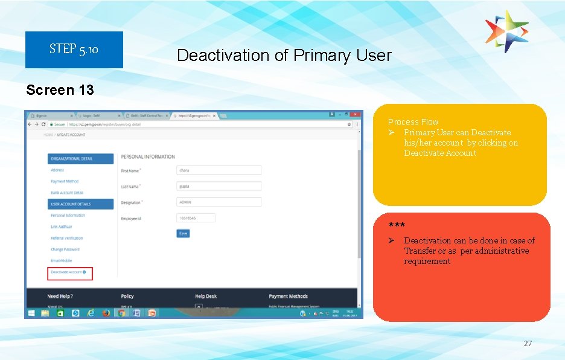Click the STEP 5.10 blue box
[x=74, y=50]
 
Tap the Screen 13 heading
[x=60, y=90]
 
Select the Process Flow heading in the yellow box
[x=413, y=122]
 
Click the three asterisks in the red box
[x=397, y=226]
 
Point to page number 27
[x=528, y=343]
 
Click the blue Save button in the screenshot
[x=183, y=233]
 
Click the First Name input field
[x=219, y=171]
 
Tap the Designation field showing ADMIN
[x=219, y=202]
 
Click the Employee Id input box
[x=196, y=218]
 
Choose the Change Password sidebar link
[x=65, y=249]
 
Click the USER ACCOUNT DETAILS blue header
[x=80, y=204]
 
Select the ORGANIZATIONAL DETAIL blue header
[x=80, y=159]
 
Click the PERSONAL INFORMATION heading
[x=148, y=157]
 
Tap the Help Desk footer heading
[x=205, y=297]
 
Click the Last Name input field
[x=219, y=187]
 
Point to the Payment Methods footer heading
[x=288, y=297]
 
